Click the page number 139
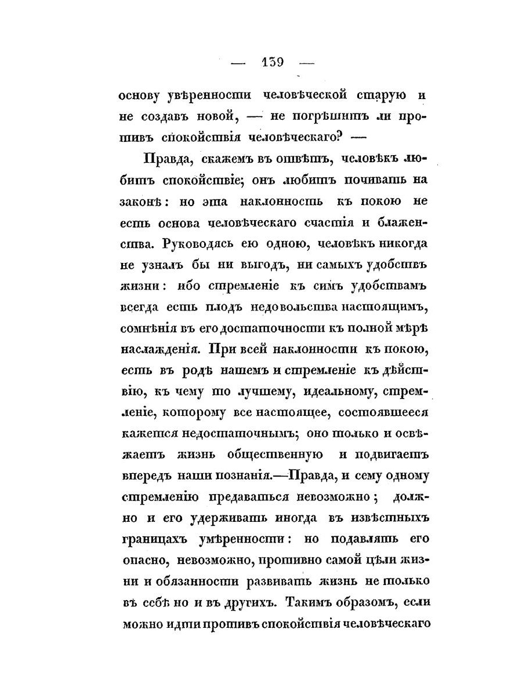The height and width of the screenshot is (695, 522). point(271,61)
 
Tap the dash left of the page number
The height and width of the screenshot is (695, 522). point(238,63)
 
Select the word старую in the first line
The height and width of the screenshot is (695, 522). point(379,95)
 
